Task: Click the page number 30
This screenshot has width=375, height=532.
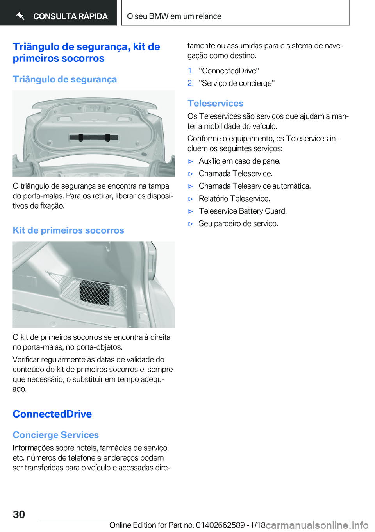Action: [19, 514]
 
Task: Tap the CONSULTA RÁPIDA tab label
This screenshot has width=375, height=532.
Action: [70, 16]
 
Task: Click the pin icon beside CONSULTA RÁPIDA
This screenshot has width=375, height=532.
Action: [21, 16]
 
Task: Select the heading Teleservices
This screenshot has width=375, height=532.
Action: [215, 103]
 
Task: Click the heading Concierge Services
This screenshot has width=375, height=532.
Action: [55, 435]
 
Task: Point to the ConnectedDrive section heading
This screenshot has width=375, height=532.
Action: [52, 414]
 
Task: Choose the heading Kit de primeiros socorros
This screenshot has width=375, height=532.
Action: [68, 230]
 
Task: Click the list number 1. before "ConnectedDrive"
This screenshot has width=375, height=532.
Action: [190, 71]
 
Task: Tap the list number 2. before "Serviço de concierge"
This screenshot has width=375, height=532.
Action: [190, 83]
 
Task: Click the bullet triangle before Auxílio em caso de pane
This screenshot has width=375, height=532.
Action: [191, 161]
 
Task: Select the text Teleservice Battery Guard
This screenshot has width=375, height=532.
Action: [243, 211]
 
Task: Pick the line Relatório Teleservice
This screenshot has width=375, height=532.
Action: [234, 199]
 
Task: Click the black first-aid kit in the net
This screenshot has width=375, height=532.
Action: [95, 292]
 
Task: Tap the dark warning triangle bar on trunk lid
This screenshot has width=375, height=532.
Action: [94, 137]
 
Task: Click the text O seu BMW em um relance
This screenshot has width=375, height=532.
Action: [174, 16]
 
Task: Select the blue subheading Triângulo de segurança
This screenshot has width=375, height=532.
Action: [65, 79]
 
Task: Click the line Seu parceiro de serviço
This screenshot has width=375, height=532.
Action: [238, 224]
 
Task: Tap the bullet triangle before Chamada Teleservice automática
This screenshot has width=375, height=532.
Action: [191, 186]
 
